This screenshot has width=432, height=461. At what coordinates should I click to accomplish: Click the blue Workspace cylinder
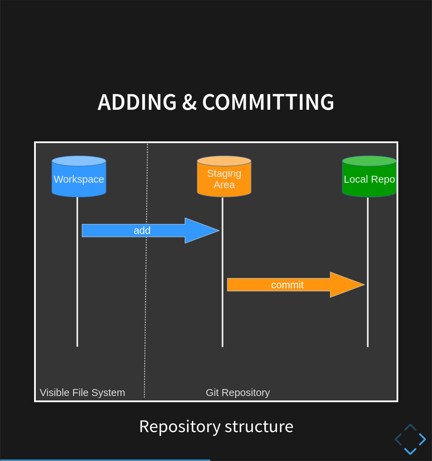tap(79, 177)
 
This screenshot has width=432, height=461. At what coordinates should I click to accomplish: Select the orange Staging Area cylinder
tap(224, 177)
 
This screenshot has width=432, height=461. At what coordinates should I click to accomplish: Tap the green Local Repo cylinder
tap(369, 177)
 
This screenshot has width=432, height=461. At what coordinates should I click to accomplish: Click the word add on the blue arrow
tap(142, 231)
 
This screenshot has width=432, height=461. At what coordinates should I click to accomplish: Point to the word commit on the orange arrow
tap(287, 285)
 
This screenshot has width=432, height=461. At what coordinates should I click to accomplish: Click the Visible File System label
tap(82, 393)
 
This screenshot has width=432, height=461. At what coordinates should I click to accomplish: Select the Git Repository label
tap(238, 393)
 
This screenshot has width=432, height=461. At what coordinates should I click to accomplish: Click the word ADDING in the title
tap(137, 102)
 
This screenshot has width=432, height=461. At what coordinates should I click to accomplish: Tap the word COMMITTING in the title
tap(268, 102)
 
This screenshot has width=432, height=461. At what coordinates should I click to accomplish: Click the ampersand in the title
tap(189, 102)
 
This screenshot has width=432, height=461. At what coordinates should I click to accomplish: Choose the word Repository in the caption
tap(180, 427)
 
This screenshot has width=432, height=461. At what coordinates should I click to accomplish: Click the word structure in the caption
tap(259, 427)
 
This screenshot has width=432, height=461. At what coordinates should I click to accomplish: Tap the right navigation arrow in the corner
tap(422, 439)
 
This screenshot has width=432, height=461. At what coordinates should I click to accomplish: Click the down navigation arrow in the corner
tap(410, 451)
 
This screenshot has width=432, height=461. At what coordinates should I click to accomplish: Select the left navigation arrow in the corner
tap(398, 439)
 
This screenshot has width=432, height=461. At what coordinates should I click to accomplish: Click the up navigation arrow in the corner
tap(410, 428)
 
